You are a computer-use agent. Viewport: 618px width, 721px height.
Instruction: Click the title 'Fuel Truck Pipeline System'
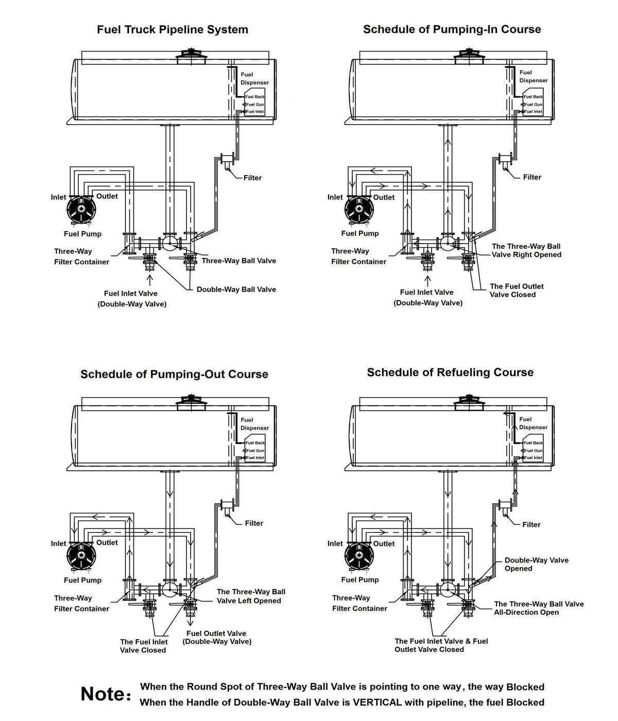pyautogui.click(x=173, y=30)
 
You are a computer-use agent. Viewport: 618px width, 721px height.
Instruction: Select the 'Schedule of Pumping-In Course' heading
pyautogui.click(x=452, y=29)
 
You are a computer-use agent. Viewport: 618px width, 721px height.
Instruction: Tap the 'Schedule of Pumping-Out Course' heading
pyautogui.click(x=174, y=374)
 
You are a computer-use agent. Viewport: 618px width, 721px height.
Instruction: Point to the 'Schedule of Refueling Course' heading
pyautogui.click(x=450, y=372)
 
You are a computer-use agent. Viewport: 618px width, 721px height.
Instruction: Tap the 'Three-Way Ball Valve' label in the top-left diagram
pyautogui.click(x=238, y=261)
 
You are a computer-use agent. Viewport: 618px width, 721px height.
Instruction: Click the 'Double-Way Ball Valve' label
pyautogui.click(x=236, y=289)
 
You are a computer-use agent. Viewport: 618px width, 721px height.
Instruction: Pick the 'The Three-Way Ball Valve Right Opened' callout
pyautogui.click(x=526, y=250)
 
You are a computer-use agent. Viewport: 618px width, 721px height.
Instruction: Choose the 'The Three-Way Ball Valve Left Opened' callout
pyautogui.click(x=250, y=596)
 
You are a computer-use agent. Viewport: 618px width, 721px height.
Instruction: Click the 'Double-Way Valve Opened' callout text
pyautogui.click(x=536, y=564)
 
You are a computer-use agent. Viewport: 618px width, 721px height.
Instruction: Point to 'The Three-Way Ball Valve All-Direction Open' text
pyautogui.click(x=539, y=608)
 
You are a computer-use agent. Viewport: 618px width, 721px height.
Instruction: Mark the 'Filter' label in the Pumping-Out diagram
pyautogui.click(x=253, y=523)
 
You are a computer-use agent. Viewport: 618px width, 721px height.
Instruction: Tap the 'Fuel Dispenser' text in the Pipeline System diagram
pyautogui.click(x=254, y=78)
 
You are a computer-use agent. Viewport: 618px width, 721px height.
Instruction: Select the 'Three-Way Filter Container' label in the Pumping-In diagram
pyautogui.click(x=358, y=256)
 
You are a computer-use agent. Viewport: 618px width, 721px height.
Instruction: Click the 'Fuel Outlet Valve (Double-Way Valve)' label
pyautogui.click(x=216, y=638)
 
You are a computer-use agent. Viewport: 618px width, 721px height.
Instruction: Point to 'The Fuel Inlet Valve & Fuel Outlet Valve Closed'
pyautogui.click(x=441, y=645)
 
